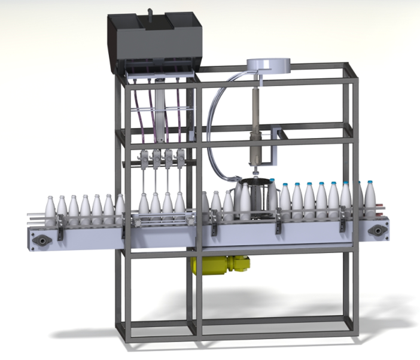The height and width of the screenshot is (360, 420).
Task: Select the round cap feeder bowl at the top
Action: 267,65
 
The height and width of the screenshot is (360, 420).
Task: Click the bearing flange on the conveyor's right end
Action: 376,231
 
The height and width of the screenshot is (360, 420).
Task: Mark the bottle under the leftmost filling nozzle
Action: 144,206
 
